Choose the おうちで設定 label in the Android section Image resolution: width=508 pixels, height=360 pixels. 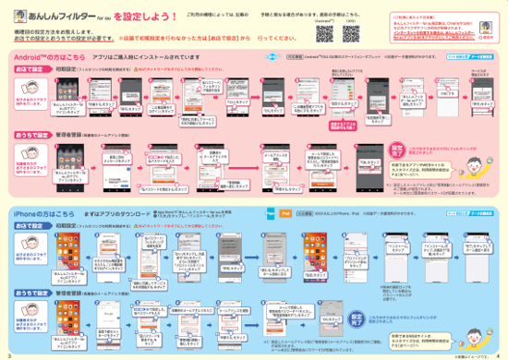point(28,133)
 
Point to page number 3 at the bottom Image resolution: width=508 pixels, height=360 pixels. point(6,354)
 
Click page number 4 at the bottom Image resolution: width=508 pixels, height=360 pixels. point(501,354)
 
